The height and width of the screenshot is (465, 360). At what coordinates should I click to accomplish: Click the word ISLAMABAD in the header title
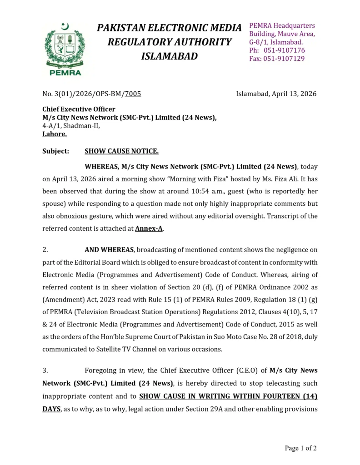pyautogui.click(x=170, y=56)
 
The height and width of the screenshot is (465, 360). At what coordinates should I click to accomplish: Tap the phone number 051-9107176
pyautogui.click(x=284, y=50)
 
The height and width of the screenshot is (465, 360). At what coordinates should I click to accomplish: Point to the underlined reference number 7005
pyautogui.click(x=133, y=94)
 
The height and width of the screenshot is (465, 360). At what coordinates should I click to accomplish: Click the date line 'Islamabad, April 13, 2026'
pyautogui.click(x=276, y=94)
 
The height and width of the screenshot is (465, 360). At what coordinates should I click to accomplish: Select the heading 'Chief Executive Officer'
pyautogui.click(x=79, y=109)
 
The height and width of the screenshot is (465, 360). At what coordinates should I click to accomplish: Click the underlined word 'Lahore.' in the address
pyautogui.click(x=55, y=134)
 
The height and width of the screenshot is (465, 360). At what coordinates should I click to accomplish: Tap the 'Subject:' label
pyautogui.click(x=56, y=151)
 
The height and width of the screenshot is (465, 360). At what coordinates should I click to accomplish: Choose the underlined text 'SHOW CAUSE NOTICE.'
pyautogui.click(x=121, y=151)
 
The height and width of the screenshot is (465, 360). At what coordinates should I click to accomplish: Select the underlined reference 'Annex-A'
pyautogui.click(x=149, y=228)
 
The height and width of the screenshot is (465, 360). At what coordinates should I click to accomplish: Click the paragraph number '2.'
pyautogui.click(x=45, y=250)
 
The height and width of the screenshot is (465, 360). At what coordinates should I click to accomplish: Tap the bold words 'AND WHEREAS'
pyautogui.click(x=109, y=250)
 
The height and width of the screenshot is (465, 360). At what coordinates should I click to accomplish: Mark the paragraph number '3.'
pyautogui.click(x=45, y=371)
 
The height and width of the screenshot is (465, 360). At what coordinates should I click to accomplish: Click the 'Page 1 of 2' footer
pyautogui.click(x=300, y=448)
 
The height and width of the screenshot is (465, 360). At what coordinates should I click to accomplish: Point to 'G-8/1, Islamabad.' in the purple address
pyautogui.click(x=276, y=42)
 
